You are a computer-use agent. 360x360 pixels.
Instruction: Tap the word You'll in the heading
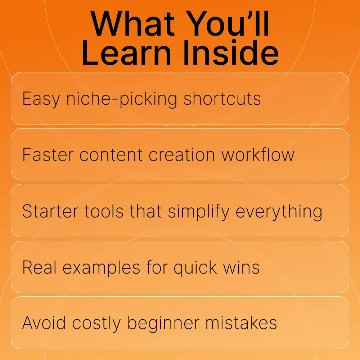pos(228,24)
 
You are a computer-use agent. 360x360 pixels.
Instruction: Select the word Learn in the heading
pos(126,53)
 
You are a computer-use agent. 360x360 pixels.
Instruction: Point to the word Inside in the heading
pos(231,53)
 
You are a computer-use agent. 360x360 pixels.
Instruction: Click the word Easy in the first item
pos(41,99)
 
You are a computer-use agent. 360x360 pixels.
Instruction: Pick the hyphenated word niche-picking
pos(122,99)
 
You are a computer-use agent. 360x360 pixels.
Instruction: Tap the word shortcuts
pos(222,99)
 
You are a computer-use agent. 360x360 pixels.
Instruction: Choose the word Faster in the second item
pos(48,155)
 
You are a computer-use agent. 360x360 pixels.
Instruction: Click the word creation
pos(182,155)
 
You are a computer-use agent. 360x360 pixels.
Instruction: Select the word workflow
pos(258,154)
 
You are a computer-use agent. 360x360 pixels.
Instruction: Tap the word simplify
pos(199,211)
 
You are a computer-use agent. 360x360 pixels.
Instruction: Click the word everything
pos(279,212)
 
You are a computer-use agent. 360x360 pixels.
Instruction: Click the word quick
pos(195,268)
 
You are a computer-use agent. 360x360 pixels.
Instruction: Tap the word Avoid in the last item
pos(44,323)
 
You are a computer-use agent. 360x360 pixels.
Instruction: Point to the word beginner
pos(163,324)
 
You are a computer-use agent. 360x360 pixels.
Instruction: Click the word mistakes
pos(241,323)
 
